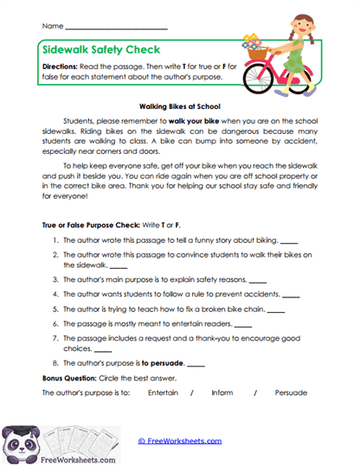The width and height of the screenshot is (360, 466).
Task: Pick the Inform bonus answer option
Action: [222, 393]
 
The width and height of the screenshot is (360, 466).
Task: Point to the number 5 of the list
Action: [55, 307]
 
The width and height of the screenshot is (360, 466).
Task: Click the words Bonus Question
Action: [70, 378]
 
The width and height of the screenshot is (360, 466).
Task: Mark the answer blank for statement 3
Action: [258, 282]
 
